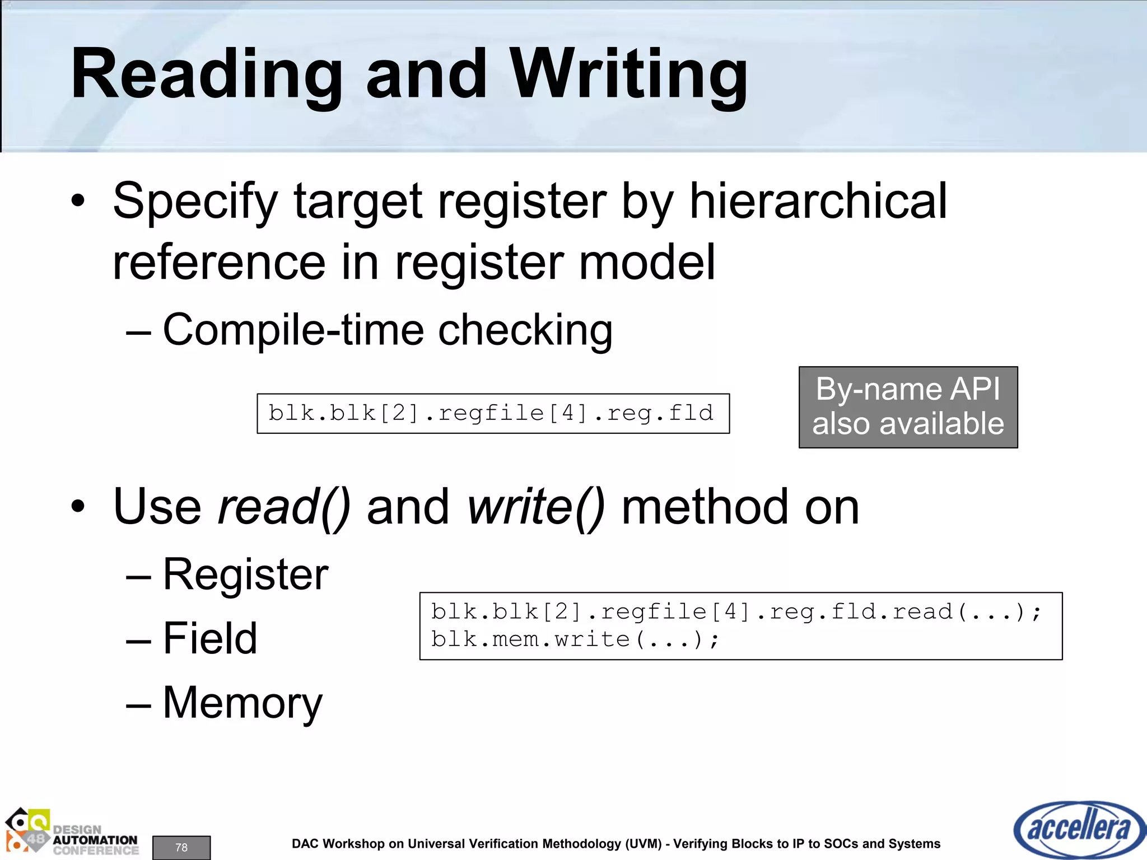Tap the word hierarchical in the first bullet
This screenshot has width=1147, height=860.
click(x=818, y=202)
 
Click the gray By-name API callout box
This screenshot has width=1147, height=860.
click(x=908, y=407)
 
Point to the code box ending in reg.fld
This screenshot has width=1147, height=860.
click(x=493, y=413)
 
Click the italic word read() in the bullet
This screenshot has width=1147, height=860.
click(x=284, y=507)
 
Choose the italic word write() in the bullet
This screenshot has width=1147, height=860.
click(x=536, y=507)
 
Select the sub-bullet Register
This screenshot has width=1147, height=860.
click(x=245, y=574)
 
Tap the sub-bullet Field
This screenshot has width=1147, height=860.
click(x=210, y=638)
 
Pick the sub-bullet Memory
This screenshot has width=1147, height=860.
click(x=243, y=703)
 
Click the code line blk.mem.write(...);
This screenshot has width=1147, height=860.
click(x=575, y=639)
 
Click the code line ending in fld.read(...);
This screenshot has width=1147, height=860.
click(x=736, y=611)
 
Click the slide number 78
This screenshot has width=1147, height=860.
click(x=181, y=847)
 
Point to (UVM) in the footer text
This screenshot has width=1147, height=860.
click(x=644, y=844)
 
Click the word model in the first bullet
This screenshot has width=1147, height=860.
click(x=647, y=263)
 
